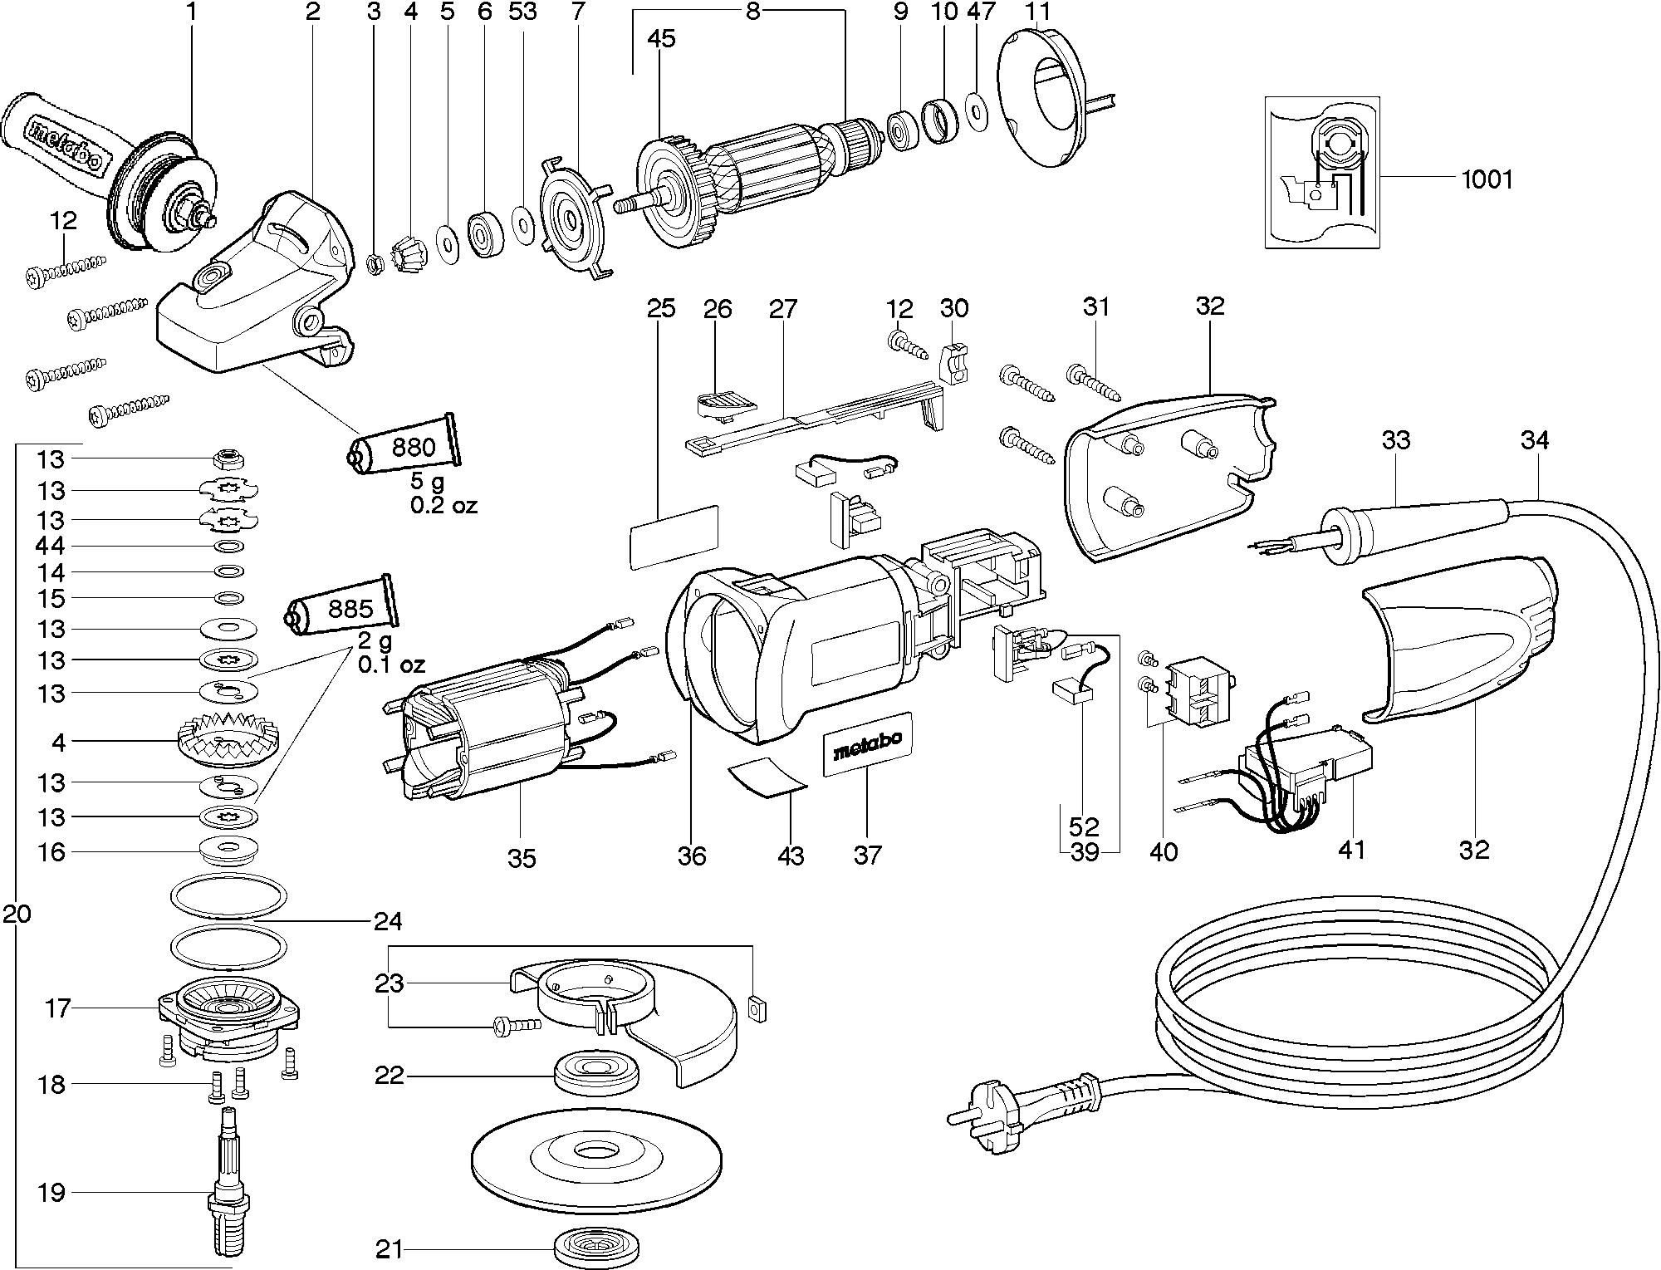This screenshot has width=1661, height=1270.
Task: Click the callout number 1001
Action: (1487, 179)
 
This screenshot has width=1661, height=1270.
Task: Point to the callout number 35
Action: (522, 858)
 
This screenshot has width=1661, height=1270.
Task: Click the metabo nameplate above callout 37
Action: (867, 745)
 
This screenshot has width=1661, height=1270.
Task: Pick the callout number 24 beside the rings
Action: (388, 921)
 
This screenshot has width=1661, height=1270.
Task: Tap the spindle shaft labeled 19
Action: (229, 1193)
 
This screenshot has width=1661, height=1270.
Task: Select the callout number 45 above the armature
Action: (662, 38)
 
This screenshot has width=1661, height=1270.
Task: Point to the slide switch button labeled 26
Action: (722, 401)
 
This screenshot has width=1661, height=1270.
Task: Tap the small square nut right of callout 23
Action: (756, 1007)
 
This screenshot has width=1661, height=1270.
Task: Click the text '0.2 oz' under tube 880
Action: (443, 504)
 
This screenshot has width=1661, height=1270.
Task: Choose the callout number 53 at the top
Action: (523, 12)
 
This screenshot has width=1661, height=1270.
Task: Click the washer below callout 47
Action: (977, 108)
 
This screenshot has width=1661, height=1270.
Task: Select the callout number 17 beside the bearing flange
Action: (58, 1008)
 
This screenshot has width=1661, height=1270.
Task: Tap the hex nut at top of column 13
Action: (228, 457)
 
